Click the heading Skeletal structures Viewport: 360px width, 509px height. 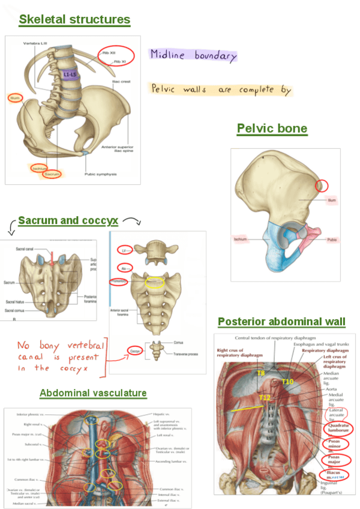(74, 20)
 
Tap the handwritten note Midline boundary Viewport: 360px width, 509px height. (194, 55)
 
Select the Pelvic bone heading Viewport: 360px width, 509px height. (272, 128)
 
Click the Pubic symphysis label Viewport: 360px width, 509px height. (100, 174)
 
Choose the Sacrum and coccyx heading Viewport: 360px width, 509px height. (68, 220)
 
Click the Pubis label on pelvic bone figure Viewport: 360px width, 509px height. (331, 239)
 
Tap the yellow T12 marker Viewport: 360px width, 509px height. (265, 397)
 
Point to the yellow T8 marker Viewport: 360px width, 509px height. (260, 373)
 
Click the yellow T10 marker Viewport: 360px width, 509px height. (288, 382)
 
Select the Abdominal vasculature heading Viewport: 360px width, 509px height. (93, 393)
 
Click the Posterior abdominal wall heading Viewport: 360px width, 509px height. (281, 322)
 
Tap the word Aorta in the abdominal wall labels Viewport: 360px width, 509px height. (331, 389)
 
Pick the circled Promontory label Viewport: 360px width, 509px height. (119, 281)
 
